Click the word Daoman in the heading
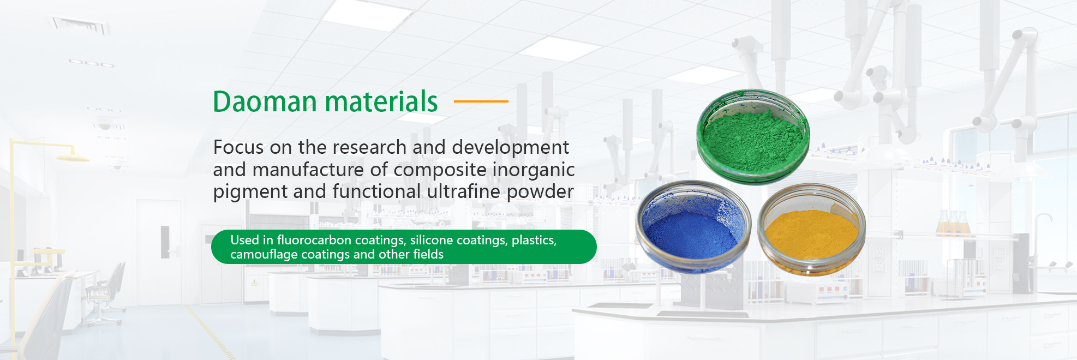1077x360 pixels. [265, 102]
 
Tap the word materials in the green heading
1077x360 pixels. [382, 102]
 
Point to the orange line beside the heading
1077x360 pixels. [481, 101]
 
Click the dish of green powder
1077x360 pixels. [753, 137]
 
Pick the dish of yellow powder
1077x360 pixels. [812, 230]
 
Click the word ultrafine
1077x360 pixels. [464, 191]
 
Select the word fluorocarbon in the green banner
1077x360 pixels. [314, 240]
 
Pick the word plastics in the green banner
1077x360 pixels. [534, 241]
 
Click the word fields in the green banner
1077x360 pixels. [428, 254]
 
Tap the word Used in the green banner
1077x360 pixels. [245, 240]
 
